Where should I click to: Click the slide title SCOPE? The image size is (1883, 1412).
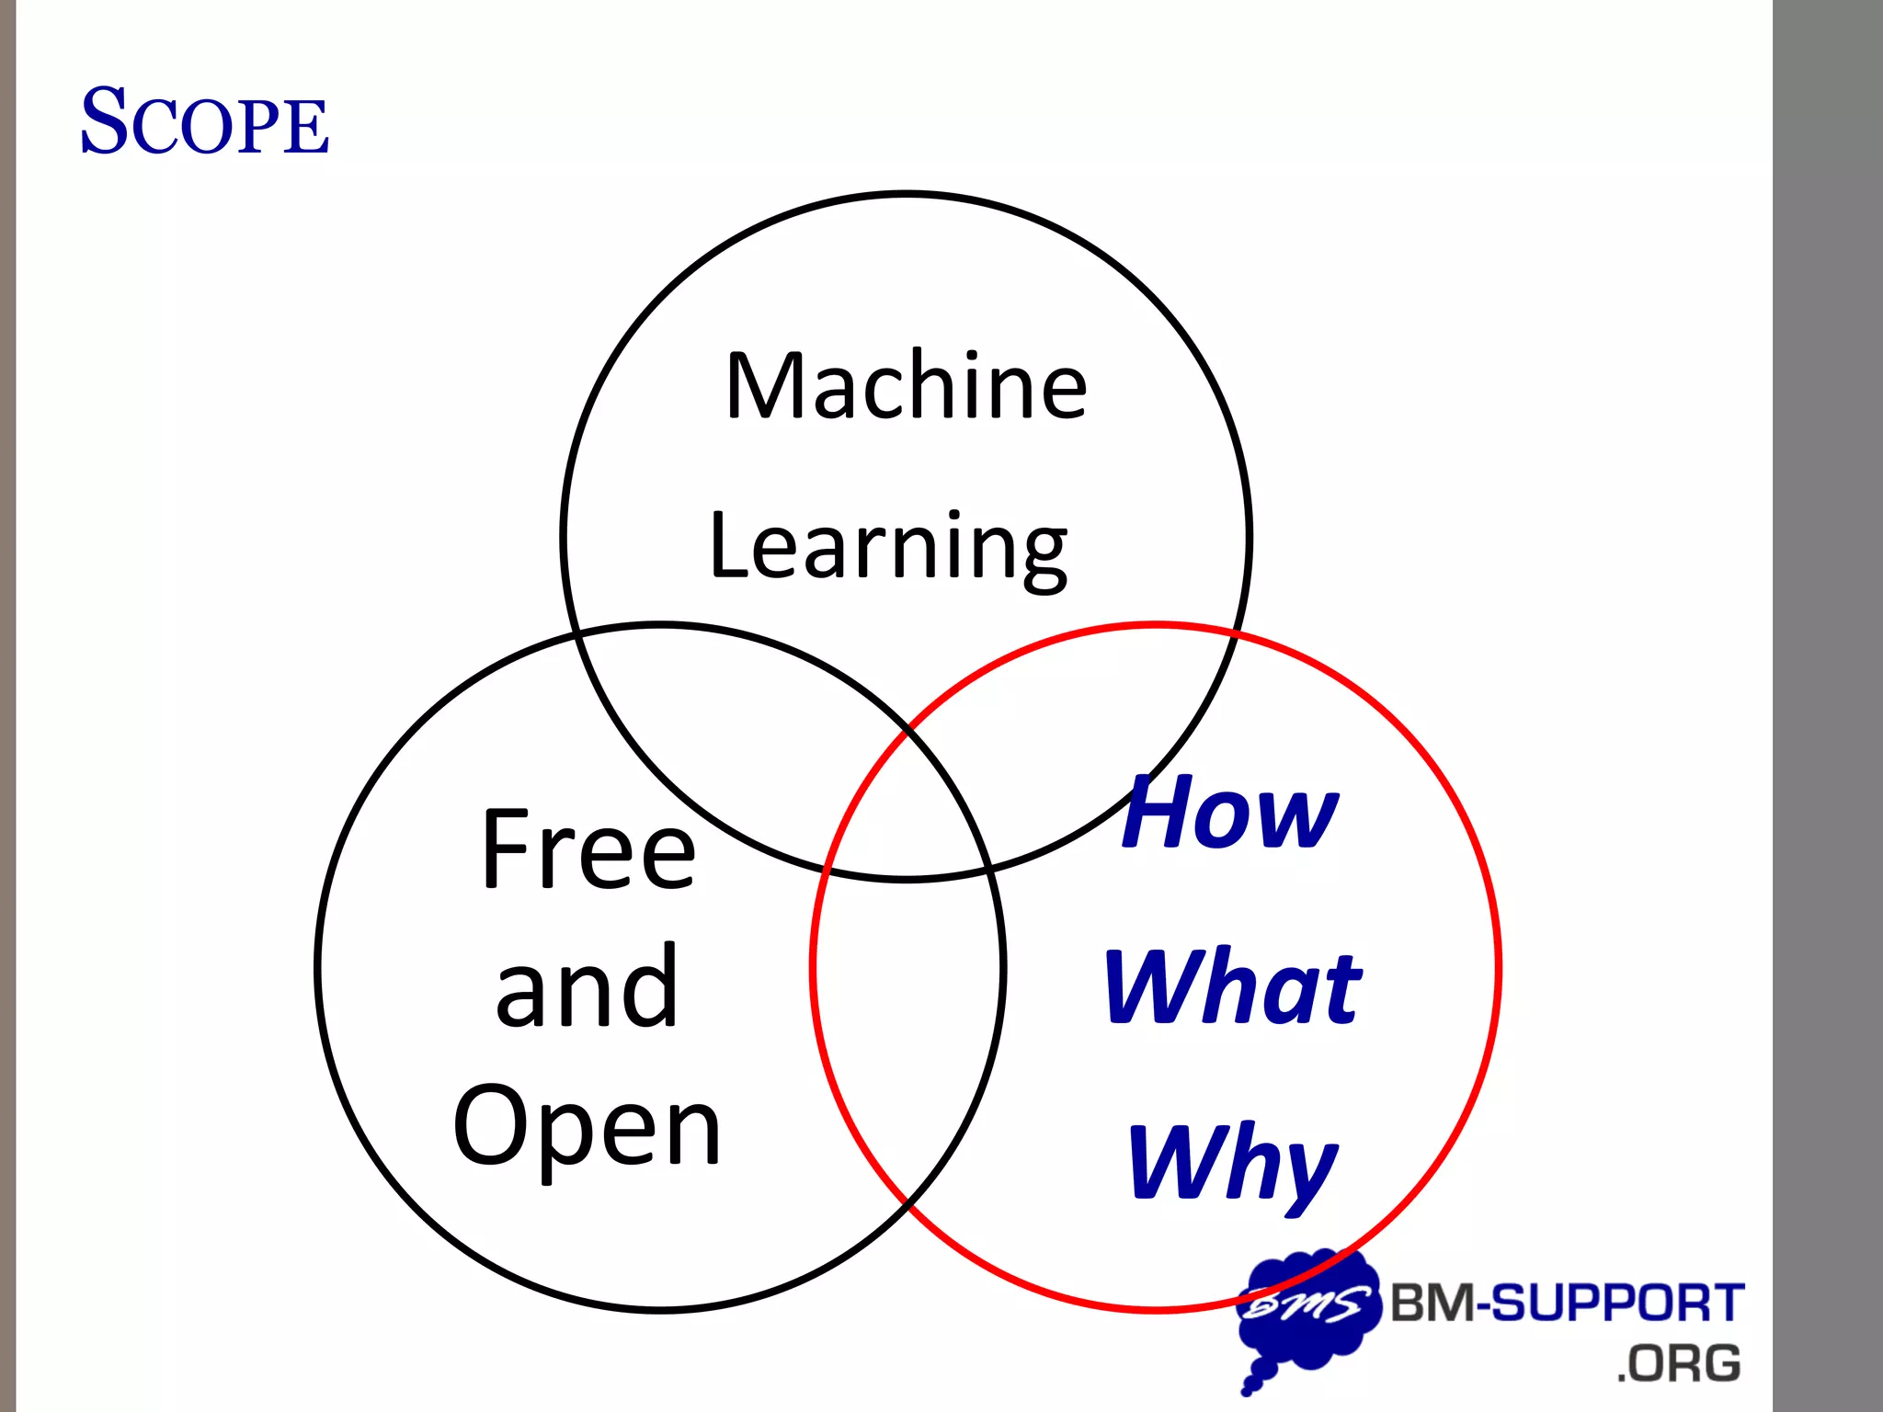[204, 121]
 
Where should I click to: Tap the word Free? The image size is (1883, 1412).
[588, 849]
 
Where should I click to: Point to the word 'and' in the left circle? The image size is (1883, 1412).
[587, 986]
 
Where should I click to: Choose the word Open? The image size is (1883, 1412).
[587, 1126]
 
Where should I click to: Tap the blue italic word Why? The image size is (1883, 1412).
[1232, 1162]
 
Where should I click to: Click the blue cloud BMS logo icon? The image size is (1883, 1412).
[1306, 1310]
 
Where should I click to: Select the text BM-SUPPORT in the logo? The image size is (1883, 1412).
[1567, 1303]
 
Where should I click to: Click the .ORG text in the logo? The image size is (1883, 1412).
[1679, 1363]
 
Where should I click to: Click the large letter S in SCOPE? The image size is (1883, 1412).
[103, 121]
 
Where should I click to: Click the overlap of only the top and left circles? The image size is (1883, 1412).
[736, 726]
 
